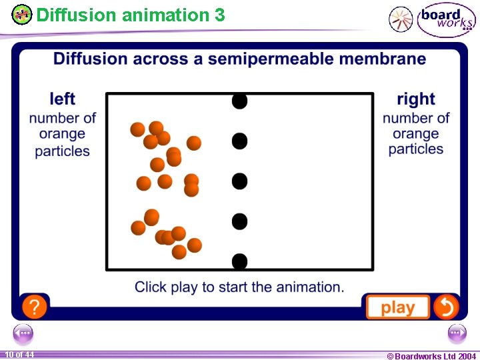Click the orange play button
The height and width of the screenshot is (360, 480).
(397, 307)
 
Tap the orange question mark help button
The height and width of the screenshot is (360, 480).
(35, 307)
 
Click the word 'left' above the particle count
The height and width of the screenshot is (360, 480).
(63, 99)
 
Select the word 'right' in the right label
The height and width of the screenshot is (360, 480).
(415, 99)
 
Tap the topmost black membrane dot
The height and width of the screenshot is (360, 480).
(239, 101)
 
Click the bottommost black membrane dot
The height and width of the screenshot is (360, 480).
(239, 260)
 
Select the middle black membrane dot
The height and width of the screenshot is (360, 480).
(239, 181)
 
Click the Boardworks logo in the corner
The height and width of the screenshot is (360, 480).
(446, 20)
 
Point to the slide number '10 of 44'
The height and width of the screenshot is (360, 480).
(19, 355)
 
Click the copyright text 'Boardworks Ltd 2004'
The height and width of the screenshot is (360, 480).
(431, 356)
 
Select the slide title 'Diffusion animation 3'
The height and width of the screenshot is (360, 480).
(131, 15)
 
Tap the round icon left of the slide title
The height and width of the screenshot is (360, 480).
(22, 15)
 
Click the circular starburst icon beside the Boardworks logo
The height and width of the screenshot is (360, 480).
(401, 19)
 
